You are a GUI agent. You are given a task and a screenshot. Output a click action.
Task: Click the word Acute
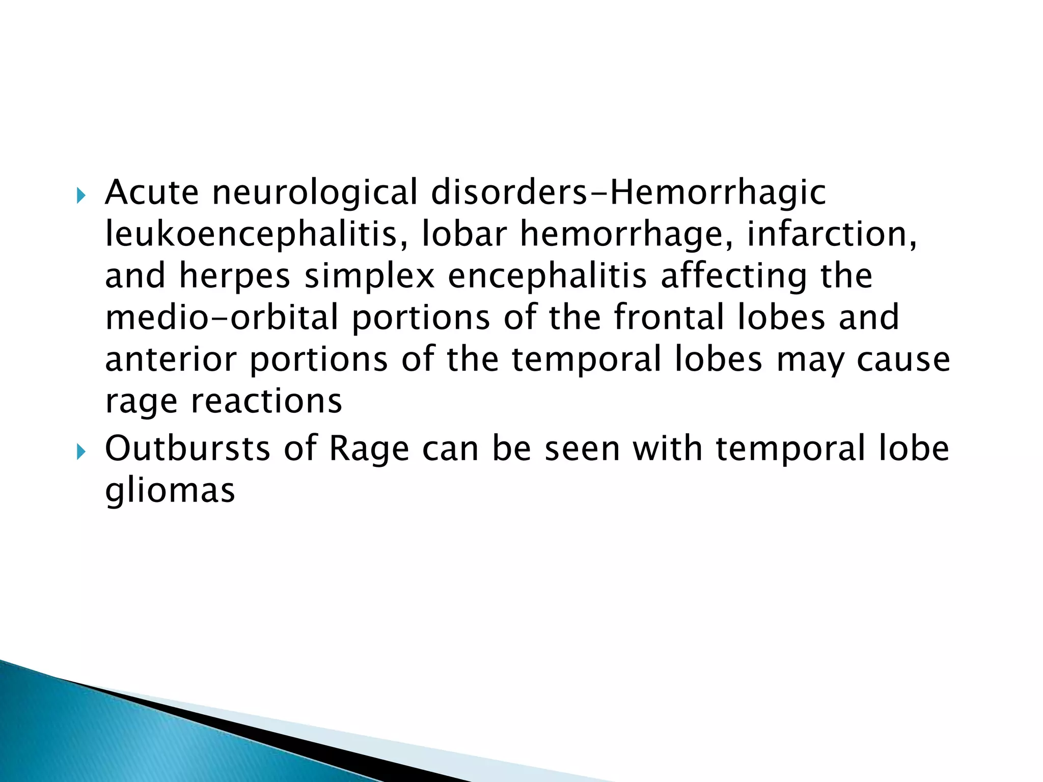point(151,192)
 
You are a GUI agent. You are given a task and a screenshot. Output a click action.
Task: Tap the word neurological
point(314,192)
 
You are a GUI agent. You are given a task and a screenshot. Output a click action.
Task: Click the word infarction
point(832,234)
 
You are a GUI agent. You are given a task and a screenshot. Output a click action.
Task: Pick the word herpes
point(234,276)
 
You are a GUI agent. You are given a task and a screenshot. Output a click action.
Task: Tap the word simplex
point(369,276)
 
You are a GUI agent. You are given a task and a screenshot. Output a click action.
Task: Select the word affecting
point(733,276)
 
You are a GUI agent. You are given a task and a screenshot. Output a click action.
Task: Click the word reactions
point(266,401)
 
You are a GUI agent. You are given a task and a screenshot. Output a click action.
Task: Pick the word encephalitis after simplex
point(547,276)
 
